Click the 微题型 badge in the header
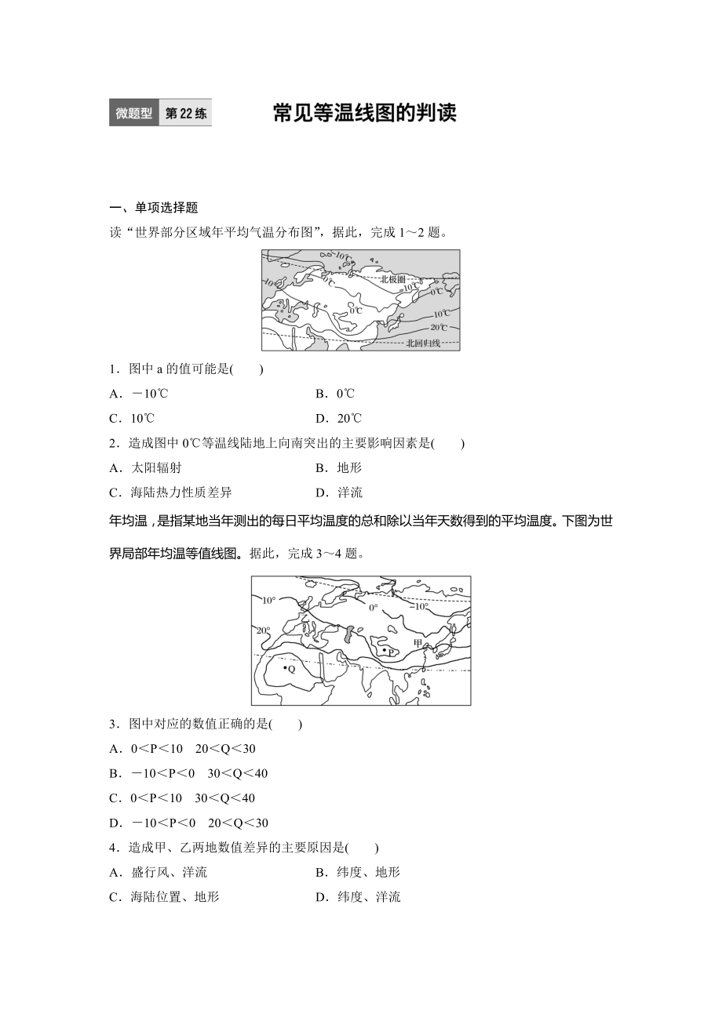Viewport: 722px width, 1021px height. (x=133, y=113)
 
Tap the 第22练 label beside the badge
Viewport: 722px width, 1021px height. (x=186, y=113)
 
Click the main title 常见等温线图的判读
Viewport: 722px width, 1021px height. (x=364, y=113)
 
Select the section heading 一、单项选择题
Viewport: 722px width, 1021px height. (x=154, y=208)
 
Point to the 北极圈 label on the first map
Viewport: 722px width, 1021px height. (x=392, y=279)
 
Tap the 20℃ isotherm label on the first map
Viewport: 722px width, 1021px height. (x=439, y=327)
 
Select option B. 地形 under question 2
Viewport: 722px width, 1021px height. (x=338, y=467)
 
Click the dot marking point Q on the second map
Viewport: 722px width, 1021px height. (x=286, y=667)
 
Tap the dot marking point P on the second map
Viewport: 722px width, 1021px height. (x=383, y=650)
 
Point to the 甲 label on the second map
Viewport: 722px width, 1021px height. (x=418, y=643)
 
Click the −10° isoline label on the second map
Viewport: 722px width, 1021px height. (x=421, y=606)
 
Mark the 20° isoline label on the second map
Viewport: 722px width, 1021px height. (x=262, y=630)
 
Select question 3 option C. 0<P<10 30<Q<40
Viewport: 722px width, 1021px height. (x=182, y=798)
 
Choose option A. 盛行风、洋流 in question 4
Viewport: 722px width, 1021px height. (x=158, y=872)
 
